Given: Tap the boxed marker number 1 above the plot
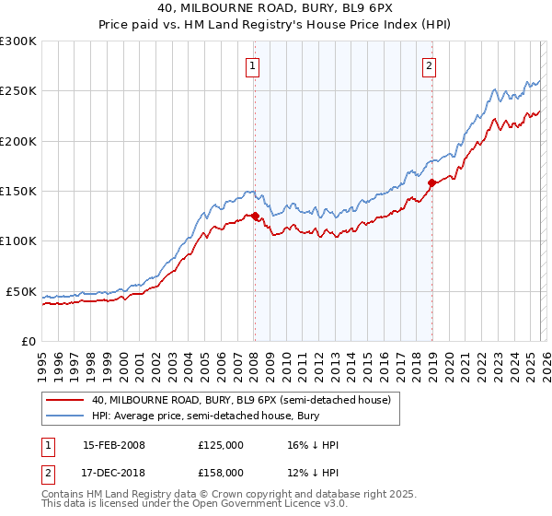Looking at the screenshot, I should [251, 65].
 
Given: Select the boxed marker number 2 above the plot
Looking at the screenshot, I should [430, 65].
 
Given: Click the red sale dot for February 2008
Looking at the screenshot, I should [255, 217].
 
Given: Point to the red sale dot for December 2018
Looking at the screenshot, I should [431, 183].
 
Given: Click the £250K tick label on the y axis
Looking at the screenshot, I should [18, 91].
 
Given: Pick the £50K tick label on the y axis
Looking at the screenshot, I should [21, 291].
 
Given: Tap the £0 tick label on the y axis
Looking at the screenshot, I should [28, 341].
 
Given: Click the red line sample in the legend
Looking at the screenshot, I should [63, 400].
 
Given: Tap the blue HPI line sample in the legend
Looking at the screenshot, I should [63, 416].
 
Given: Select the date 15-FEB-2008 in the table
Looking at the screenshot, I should [114, 445].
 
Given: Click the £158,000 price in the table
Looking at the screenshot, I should [221, 473].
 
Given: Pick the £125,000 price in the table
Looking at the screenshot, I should [221, 445].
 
